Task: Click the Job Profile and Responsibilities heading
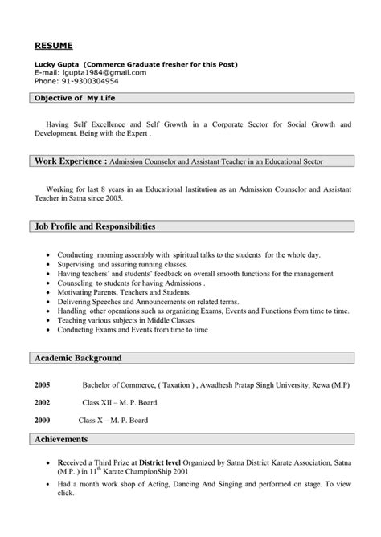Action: click(95, 226)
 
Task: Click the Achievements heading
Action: click(61, 439)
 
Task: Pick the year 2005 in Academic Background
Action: click(42, 385)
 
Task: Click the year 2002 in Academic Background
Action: click(42, 402)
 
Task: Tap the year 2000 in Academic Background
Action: click(42, 420)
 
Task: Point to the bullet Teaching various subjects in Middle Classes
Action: click(126, 319)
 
